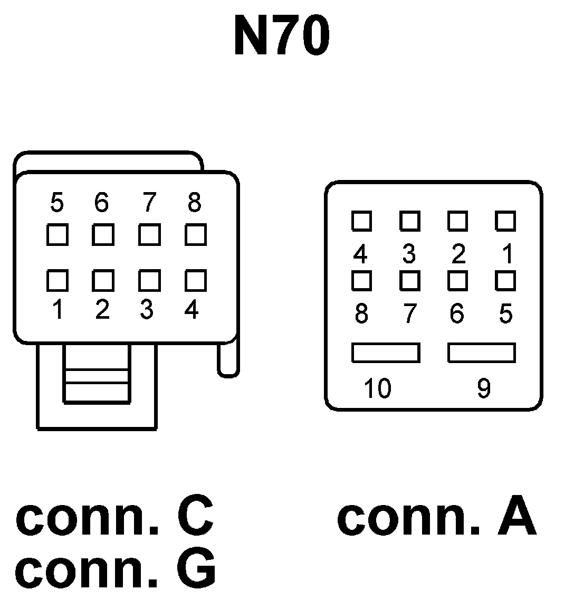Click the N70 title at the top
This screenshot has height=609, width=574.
(282, 36)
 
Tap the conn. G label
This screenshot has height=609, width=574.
(116, 569)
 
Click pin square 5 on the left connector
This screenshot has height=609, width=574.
(57, 234)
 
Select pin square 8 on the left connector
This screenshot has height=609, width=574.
(195, 234)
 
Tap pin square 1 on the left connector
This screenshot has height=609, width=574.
(57, 280)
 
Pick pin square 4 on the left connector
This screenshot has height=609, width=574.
(195, 280)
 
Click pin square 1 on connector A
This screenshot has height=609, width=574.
(505, 221)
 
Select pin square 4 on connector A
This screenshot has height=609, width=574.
(361, 221)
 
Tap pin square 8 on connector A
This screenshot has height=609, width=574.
(361, 280)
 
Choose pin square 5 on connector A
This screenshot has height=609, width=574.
(505, 280)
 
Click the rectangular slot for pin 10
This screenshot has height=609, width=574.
(386, 353)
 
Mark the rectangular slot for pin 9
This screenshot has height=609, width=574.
(481, 353)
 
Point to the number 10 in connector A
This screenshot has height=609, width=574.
(377, 388)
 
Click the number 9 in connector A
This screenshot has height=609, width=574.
(483, 388)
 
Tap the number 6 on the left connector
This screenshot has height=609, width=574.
(101, 202)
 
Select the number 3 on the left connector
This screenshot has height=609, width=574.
(147, 310)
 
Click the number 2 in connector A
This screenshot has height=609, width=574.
(458, 254)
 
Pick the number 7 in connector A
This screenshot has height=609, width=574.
(409, 315)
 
